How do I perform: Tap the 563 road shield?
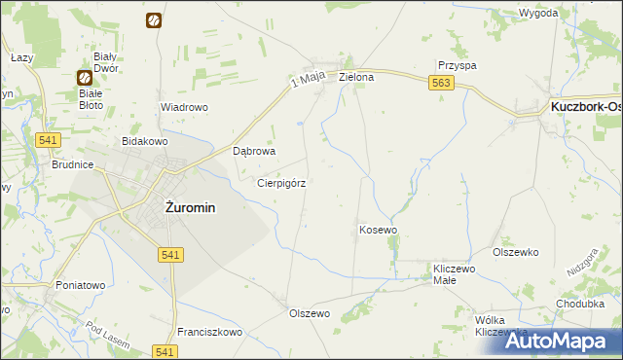coord(441,85)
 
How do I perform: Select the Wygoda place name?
coord(538,13)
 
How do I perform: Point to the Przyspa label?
coord(457,65)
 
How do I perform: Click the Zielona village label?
coord(356,76)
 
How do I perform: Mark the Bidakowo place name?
coord(145,141)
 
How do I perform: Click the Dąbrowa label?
coord(256,152)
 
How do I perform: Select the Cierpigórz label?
coord(282,182)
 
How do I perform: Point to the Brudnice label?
coord(72,165)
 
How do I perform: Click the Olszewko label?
coord(516,252)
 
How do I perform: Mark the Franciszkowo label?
coord(209,332)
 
